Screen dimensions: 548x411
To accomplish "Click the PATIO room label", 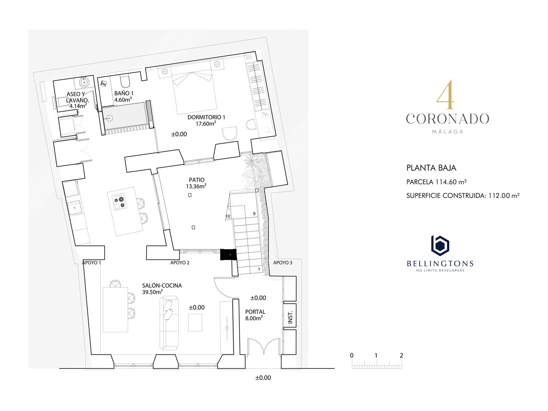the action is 196,179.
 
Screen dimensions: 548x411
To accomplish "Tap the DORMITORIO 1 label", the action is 206,117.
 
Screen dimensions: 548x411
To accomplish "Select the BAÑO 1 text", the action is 124,93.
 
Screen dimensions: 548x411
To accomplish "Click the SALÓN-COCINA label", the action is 162,285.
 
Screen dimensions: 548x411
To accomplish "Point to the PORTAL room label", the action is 255,312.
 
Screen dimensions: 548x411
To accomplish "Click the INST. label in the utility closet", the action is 290,317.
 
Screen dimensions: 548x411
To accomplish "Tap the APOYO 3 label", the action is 283,263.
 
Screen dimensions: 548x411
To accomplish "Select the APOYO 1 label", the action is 91,263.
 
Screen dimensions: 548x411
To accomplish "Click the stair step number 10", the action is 228,216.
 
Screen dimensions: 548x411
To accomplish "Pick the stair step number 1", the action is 259,269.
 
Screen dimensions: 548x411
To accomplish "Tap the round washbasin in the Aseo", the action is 84,81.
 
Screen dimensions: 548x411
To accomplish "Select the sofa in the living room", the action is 169,322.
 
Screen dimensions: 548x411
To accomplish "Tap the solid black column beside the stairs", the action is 228,254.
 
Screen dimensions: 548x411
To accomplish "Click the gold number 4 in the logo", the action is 445,95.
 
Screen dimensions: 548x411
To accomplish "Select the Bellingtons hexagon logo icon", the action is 440,246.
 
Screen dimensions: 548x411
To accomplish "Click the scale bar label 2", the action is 401,355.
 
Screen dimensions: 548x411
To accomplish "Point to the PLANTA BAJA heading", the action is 431,168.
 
